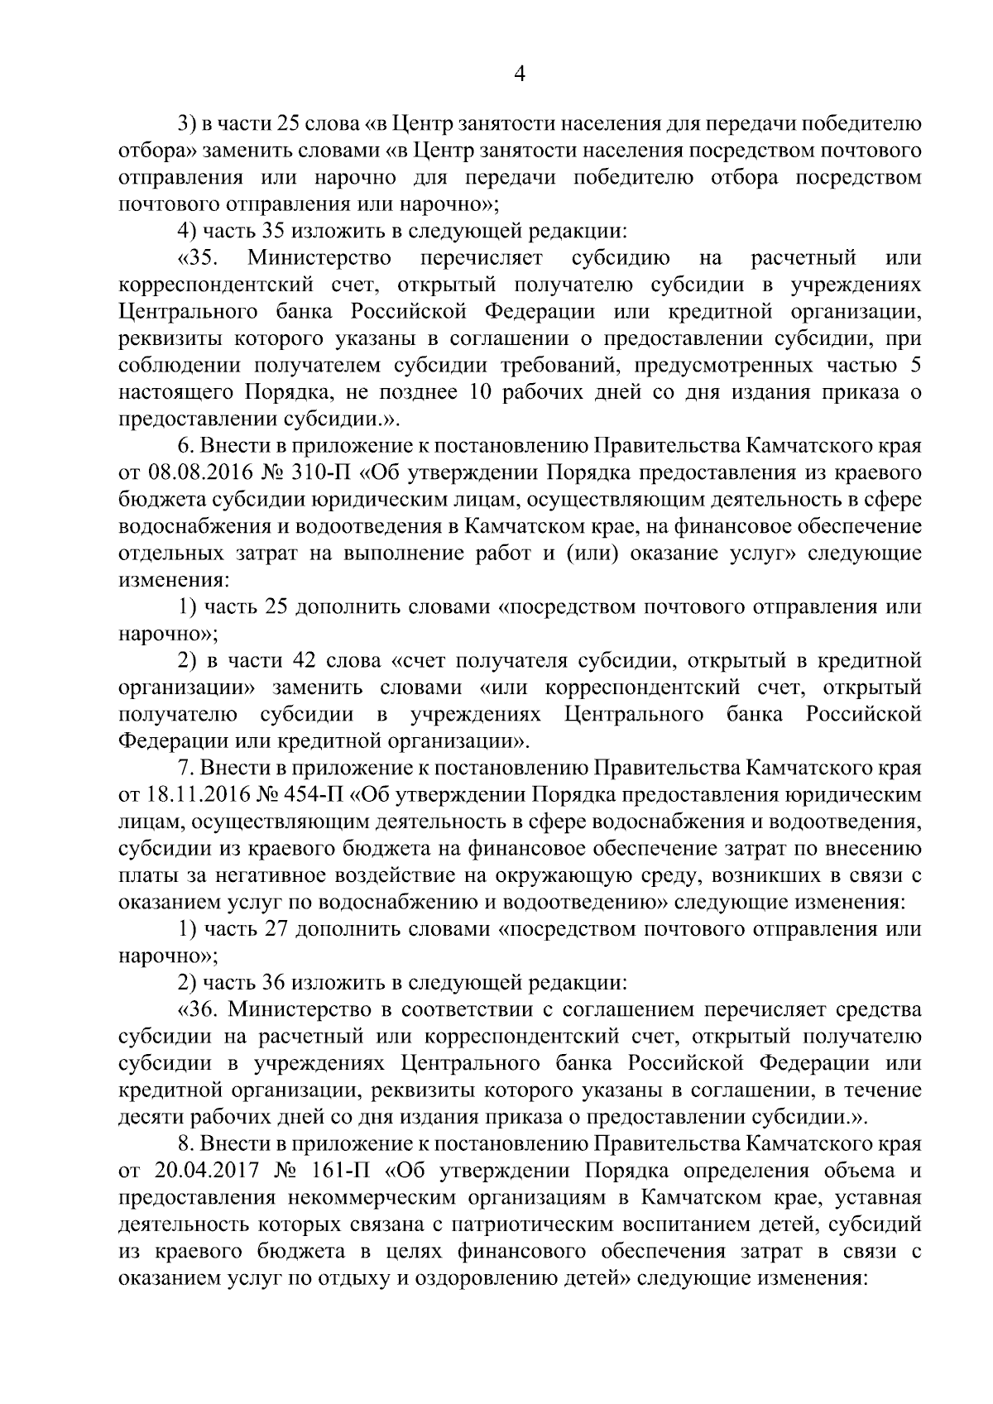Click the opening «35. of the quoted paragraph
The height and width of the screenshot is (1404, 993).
tap(197, 258)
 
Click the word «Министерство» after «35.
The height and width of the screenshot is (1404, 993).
tap(319, 258)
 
